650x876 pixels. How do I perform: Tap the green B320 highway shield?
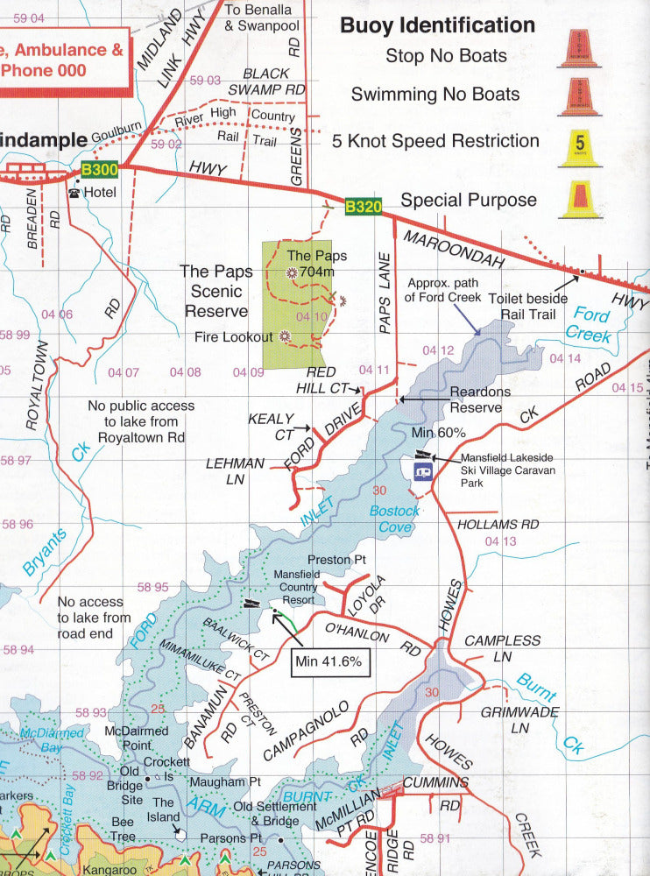coord(363,207)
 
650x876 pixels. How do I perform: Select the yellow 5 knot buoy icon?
coord(579,148)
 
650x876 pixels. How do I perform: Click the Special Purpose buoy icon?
coord(579,200)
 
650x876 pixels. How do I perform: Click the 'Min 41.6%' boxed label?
coord(329,661)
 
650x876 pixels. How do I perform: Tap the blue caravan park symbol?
coord(423,471)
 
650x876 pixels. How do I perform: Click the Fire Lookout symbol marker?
coord(285,336)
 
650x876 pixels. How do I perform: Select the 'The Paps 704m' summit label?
coord(317,264)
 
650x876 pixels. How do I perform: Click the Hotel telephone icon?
coord(74,192)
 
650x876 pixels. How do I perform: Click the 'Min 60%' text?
coord(438,433)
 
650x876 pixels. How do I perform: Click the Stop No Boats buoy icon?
coord(579,49)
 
